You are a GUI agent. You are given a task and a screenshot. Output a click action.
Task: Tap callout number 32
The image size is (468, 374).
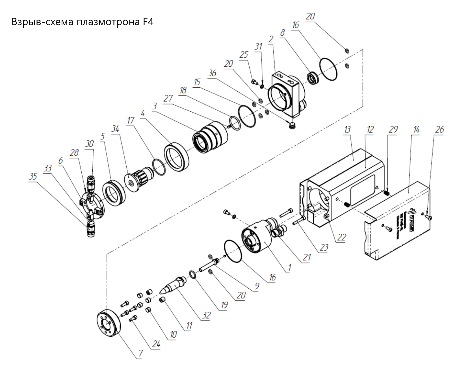[x=206, y=315]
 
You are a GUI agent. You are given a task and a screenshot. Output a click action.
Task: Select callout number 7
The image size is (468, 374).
[x=140, y=353]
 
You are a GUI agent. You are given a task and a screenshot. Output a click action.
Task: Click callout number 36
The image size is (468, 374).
[x=212, y=73]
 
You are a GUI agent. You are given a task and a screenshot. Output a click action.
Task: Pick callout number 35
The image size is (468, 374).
[x=33, y=176]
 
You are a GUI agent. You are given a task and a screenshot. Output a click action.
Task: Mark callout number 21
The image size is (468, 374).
[x=307, y=257]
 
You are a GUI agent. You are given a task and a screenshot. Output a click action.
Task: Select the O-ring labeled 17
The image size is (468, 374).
[x=159, y=167]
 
